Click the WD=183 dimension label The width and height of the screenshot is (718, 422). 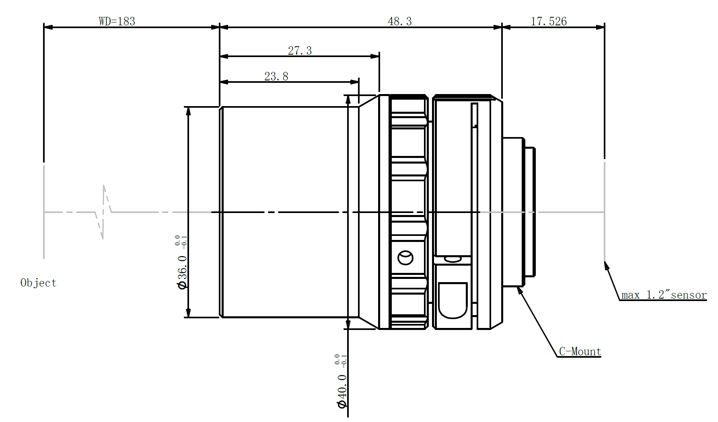tap(117, 21)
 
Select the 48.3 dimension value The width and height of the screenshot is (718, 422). tap(399, 21)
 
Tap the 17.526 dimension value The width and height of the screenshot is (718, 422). tap(549, 21)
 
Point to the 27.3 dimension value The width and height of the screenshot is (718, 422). tap(300, 50)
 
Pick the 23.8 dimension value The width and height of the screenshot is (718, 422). tap(276, 76)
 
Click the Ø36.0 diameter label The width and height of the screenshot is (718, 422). tap(182, 272)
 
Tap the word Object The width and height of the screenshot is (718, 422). tap(38, 283)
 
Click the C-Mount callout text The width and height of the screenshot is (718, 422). tap(580, 351)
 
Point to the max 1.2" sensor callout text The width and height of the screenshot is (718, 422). tap(664, 295)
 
